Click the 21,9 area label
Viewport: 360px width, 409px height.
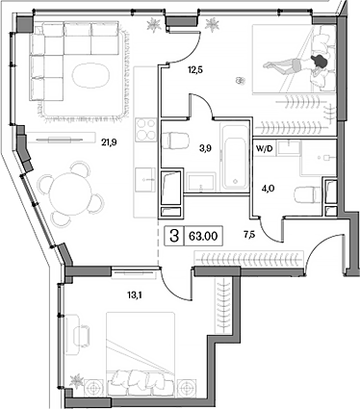click(x=109, y=142)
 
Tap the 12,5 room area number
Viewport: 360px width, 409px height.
click(x=195, y=69)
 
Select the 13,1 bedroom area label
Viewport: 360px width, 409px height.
click(x=135, y=295)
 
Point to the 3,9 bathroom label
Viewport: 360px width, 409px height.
click(x=205, y=148)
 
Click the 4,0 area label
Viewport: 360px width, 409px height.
click(x=268, y=189)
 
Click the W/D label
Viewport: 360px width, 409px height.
click(x=265, y=148)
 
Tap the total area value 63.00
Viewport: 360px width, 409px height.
click(x=203, y=237)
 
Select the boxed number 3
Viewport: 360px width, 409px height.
click(x=174, y=237)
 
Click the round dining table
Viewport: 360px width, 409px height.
click(x=70, y=194)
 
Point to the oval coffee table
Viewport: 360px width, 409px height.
click(x=90, y=76)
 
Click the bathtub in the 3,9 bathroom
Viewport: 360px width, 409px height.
click(x=235, y=157)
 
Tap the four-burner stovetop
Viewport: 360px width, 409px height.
click(x=146, y=130)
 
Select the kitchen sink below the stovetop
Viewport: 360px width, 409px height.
click(x=146, y=180)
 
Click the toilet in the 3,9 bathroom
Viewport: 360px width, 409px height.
click(x=174, y=141)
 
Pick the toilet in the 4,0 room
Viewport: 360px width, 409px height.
click(x=307, y=195)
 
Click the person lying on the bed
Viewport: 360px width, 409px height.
click(x=296, y=64)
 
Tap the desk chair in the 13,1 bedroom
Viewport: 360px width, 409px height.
click(x=82, y=336)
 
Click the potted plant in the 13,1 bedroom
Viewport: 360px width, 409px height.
click(x=77, y=381)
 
